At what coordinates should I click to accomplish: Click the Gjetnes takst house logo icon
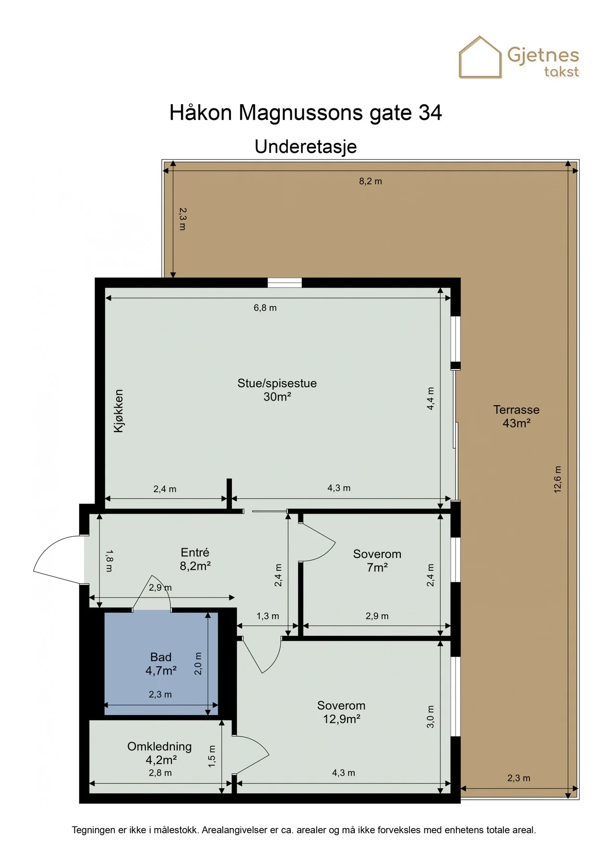point(480,57)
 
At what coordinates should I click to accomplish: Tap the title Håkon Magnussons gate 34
point(306,113)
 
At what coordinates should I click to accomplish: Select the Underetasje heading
point(306,146)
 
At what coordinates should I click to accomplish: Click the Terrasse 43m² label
point(516,416)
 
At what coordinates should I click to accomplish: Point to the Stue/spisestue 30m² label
point(277,390)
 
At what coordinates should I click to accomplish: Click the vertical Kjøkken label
point(119,411)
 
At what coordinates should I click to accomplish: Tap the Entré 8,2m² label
point(195,559)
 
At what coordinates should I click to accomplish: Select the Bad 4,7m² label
point(161,664)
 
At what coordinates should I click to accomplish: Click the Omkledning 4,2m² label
point(160,753)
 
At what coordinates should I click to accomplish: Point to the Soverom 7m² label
point(377,561)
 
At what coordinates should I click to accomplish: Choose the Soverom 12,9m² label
point(341,712)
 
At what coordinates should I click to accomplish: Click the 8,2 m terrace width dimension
point(371,181)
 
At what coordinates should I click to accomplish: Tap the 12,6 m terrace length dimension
point(557,479)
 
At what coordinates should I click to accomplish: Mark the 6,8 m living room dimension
point(265,308)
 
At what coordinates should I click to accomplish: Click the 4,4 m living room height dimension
point(431,398)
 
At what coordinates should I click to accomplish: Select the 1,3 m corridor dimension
point(267,616)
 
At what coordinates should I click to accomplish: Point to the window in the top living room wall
point(285,283)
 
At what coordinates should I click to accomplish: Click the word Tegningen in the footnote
point(94,830)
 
